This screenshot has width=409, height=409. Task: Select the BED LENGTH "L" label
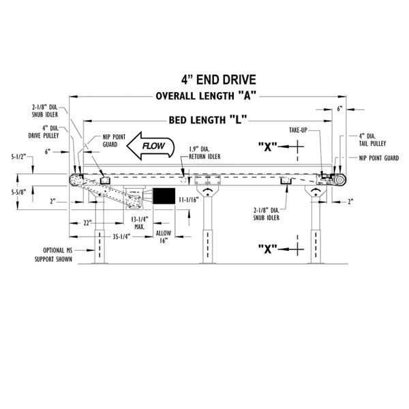pyautogui.click(x=207, y=120)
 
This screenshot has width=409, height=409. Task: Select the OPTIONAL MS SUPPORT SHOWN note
pyautogui.click(x=54, y=255)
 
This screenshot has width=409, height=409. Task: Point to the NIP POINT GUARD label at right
pyautogui.click(x=378, y=157)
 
